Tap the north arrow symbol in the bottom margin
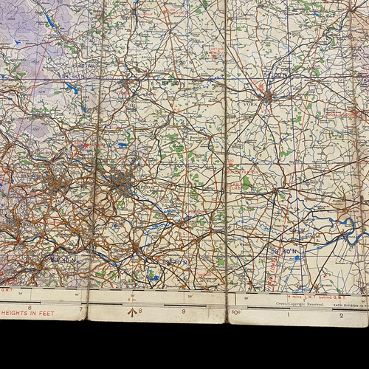132,311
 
